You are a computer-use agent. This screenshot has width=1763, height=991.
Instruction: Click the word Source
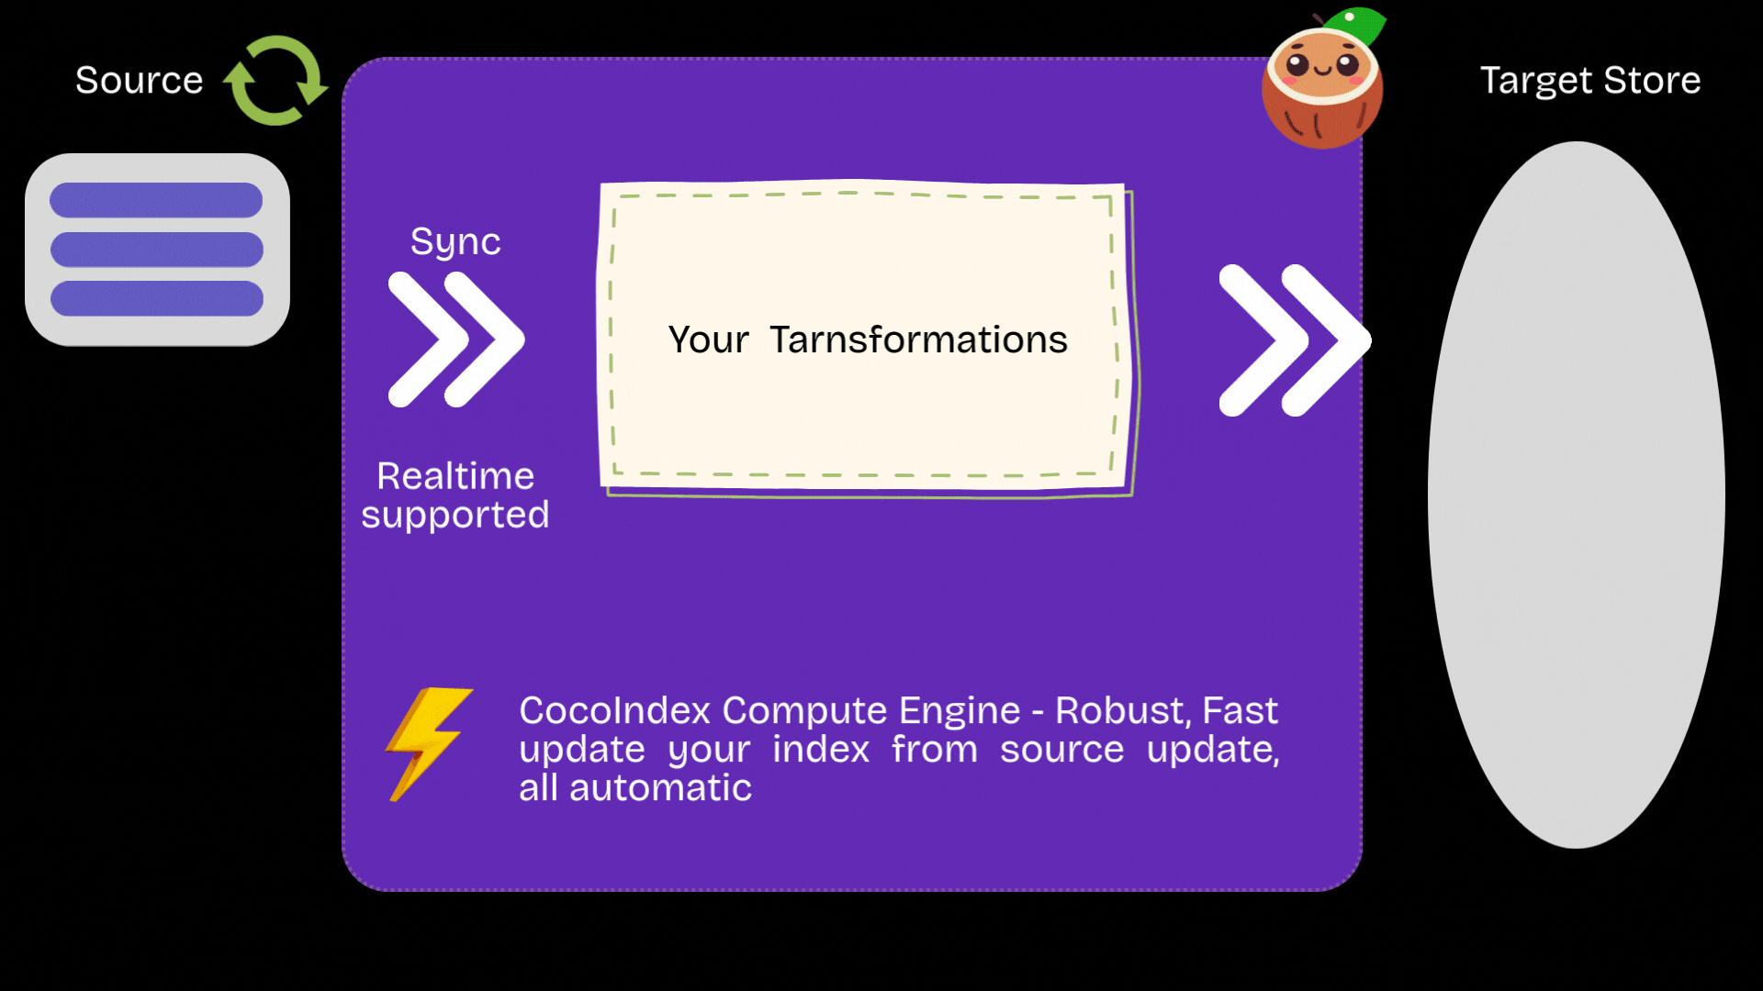pyautogui.click(x=140, y=81)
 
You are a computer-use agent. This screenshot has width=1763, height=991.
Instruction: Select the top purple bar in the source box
pyautogui.click(x=156, y=200)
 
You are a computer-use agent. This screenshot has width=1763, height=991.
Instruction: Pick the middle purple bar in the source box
pyautogui.click(x=157, y=250)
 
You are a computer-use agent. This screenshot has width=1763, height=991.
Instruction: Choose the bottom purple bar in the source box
pyautogui.click(x=157, y=298)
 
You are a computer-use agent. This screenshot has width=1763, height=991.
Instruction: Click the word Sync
pyautogui.click(x=455, y=242)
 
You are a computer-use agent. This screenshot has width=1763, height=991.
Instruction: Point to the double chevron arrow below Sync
pyautogui.click(x=456, y=340)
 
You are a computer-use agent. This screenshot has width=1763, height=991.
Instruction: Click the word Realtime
pyautogui.click(x=455, y=476)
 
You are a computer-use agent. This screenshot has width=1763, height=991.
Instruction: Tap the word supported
pyautogui.click(x=455, y=516)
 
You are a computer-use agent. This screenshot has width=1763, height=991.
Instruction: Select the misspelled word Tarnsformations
pyautogui.click(x=918, y=340)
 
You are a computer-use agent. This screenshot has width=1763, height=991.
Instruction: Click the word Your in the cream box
pyautogui.click(x=708, y=340)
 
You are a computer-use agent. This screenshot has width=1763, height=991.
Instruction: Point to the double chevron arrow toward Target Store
pyautogui.click(x=1295, y=340)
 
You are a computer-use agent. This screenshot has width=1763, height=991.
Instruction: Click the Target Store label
pyautogui.click(x=1590, y=81)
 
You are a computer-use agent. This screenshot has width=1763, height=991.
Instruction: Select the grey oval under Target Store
pyautogui.click(x=1577, y=495)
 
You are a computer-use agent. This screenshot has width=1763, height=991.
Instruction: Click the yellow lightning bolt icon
pyautogui.click(x=429, y=744)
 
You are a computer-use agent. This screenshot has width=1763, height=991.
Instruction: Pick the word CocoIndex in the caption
pyautogui.click(x=615, y=710)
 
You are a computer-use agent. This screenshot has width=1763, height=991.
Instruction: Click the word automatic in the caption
pyautogui.click(x=660, y=788)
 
